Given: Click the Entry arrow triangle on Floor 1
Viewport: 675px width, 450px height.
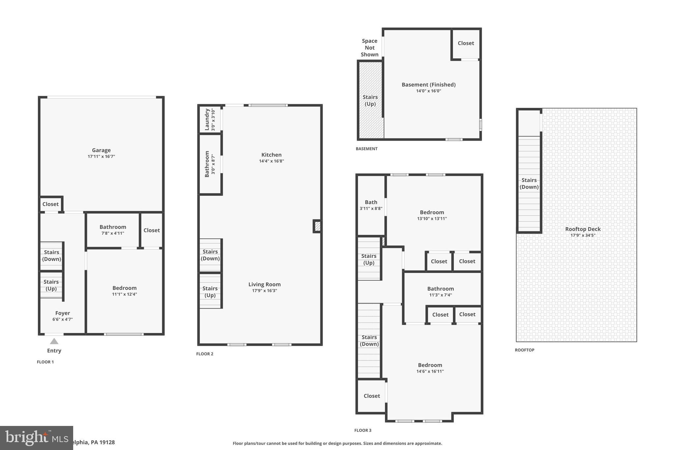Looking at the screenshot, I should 54,341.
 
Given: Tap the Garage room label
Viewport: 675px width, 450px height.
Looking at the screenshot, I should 101,150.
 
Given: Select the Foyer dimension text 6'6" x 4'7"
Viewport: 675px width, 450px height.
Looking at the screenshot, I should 63,319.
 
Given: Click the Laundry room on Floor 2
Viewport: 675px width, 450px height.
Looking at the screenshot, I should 210,119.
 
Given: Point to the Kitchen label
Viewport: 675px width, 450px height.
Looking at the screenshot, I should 271,155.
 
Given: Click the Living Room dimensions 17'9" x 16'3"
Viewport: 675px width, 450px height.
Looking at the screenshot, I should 264,291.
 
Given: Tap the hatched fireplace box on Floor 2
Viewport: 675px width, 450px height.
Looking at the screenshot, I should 317,226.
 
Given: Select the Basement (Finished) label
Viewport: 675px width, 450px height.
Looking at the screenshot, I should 428,85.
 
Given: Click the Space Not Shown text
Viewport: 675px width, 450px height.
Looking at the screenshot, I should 369,48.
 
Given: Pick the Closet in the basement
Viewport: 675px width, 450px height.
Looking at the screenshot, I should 466,43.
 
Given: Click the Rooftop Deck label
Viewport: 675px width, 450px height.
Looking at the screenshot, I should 583,229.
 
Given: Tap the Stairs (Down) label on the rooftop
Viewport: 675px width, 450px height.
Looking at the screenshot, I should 529,184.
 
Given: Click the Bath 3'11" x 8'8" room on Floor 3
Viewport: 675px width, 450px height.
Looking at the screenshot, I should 371,205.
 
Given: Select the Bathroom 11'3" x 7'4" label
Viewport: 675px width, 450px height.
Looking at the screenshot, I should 440,289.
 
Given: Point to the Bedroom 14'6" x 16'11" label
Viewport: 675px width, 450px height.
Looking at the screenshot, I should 430,365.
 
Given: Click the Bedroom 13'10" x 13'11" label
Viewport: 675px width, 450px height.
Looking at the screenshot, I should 432,213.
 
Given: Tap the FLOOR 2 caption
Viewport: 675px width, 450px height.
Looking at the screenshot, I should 205,354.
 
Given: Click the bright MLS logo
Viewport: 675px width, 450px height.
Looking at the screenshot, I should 36,438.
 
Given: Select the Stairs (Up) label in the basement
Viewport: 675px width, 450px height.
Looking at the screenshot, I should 370,101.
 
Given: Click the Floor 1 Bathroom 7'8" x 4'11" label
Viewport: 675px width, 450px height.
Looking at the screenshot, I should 113,227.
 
